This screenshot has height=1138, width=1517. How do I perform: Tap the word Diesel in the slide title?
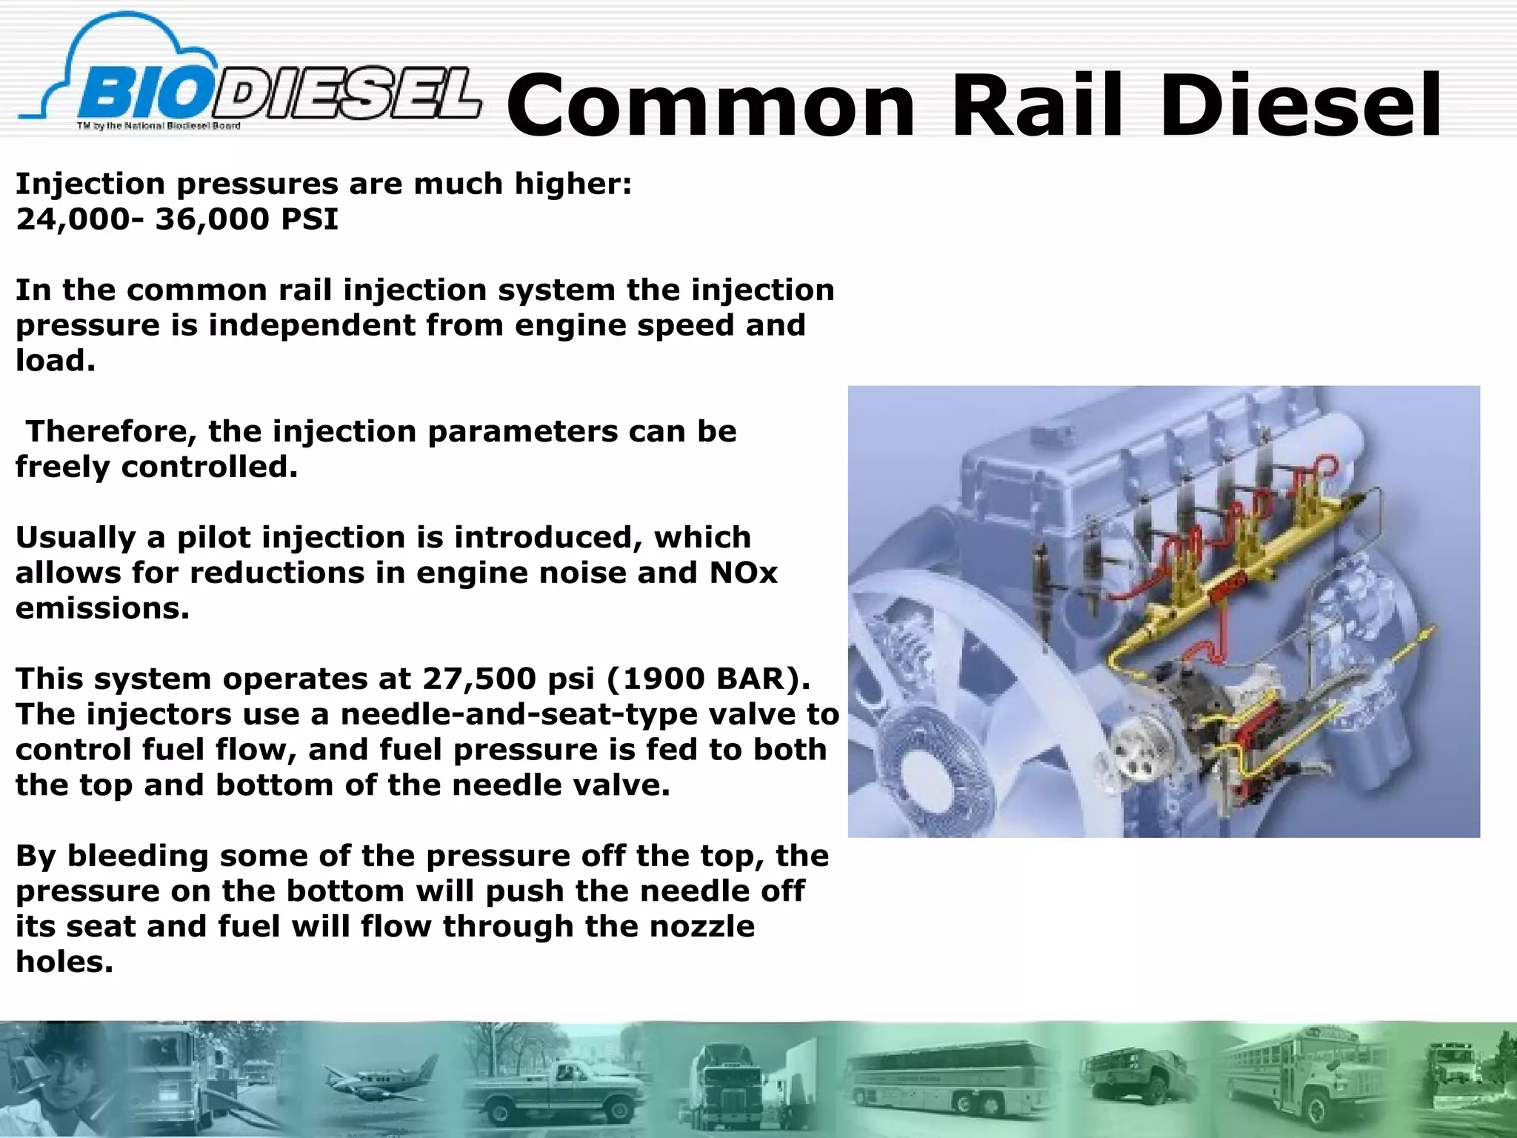point(1301,105)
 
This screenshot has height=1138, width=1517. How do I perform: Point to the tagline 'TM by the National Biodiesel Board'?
point(159,126)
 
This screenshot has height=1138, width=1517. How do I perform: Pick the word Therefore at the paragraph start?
point(111,431)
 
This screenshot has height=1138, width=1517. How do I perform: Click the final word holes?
point(64,962)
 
